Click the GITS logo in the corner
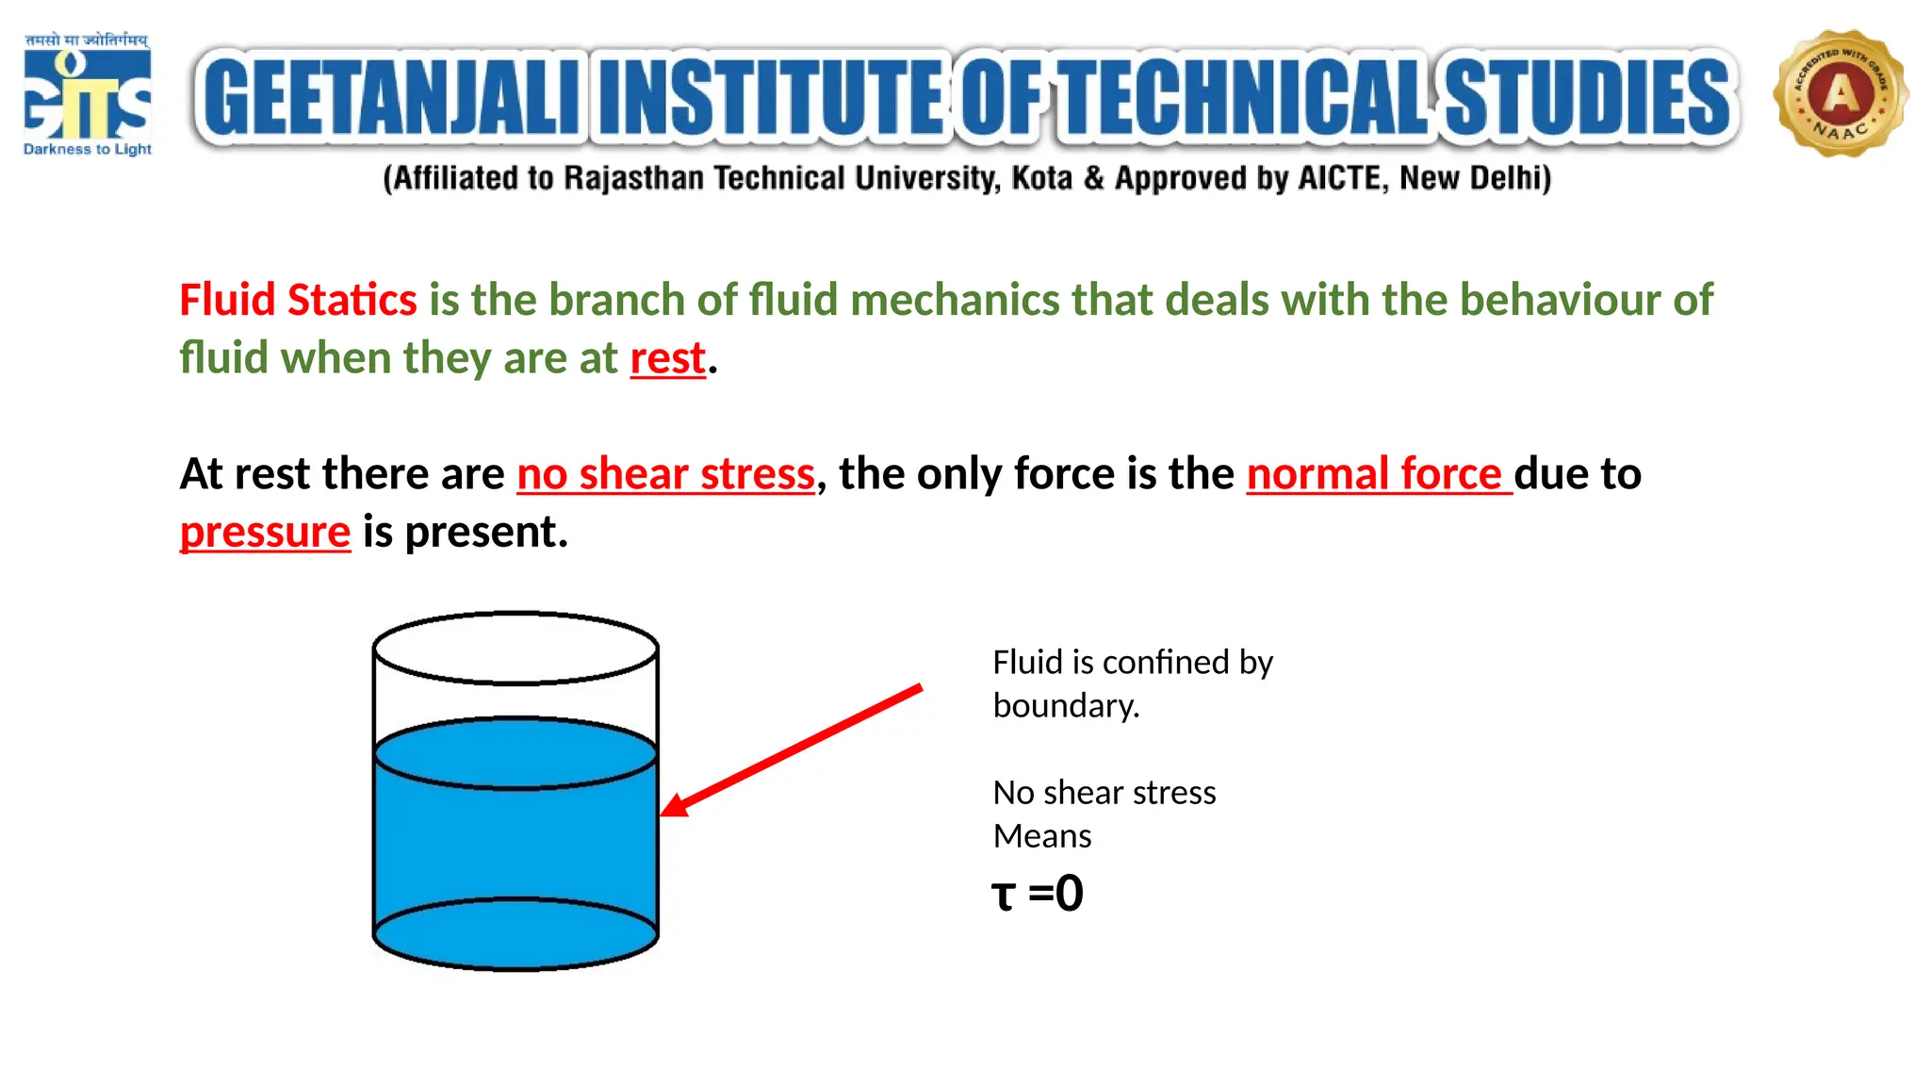point(87,94)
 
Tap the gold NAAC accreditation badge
point(1840,93)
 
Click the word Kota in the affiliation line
point(1041,178)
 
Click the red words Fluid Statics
point(298,300)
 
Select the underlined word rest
point(667,359)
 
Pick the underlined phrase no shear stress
point(665,474)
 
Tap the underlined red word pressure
point(265,533)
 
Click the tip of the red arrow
point(663,814)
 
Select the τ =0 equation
point(1038,894)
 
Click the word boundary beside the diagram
point(1065,706)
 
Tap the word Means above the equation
point(1042,836)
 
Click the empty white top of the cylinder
point(515,649)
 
